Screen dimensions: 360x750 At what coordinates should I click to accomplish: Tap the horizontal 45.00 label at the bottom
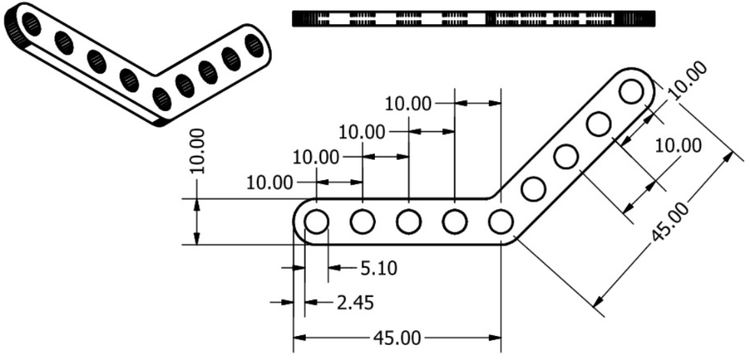[x=397, y=338]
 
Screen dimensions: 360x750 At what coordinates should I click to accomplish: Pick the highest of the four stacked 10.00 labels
[x=408, y=103]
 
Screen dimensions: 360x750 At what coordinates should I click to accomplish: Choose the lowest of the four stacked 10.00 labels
[x=269, y=181]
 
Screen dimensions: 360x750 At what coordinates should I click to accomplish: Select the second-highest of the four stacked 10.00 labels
[x=361, y=132]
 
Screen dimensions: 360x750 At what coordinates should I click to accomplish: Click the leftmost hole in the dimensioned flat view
[x=316, y=222]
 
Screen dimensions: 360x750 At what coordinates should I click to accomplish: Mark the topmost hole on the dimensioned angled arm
[x=631, y=91]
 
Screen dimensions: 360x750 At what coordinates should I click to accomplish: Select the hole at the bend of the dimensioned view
[x=500, y=222]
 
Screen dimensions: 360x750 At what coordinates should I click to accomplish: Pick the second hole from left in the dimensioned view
[x=362, y=222]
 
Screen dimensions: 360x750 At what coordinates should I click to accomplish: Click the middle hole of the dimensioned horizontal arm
[x=408, y=222]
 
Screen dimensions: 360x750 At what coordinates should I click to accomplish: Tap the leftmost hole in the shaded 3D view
[x=31, y=24]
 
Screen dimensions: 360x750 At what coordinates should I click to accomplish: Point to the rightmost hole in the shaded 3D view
[x=255, y=46]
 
